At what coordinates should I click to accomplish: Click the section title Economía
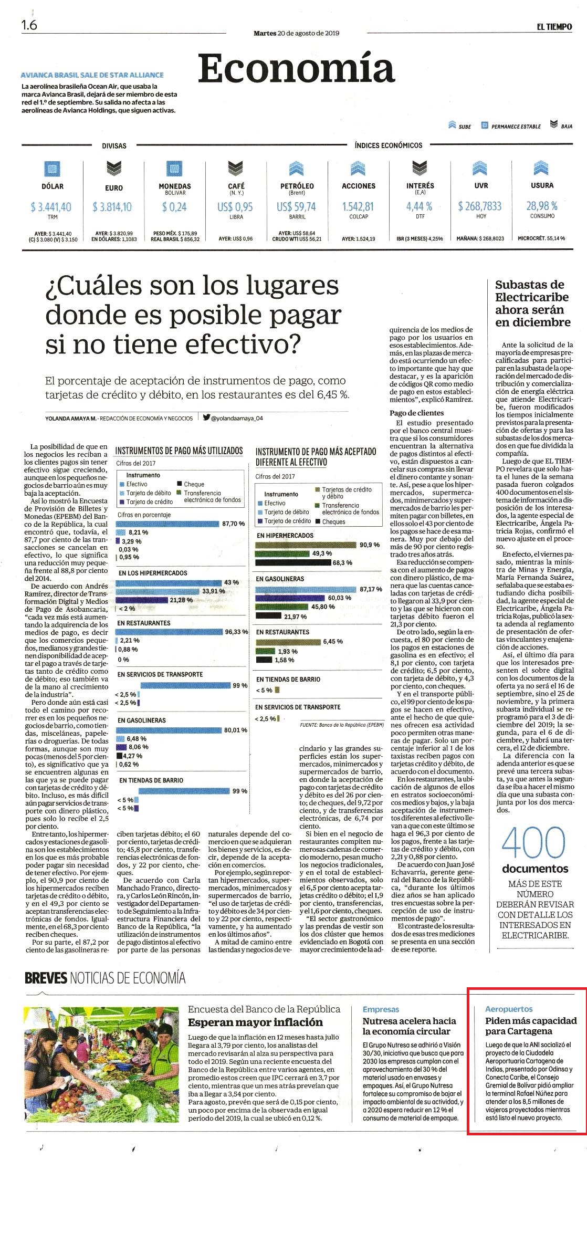296,69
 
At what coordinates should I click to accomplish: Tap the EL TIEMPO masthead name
554,27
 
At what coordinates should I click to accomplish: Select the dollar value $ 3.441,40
51,207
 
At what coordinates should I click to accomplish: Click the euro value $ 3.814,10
112,207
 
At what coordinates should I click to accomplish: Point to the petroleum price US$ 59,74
297,206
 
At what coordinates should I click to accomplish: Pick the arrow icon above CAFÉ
236,169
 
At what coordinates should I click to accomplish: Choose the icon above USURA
541,168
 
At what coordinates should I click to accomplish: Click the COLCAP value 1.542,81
358,206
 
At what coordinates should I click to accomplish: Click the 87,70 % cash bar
167,524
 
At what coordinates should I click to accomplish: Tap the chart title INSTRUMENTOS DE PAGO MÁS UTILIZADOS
179,451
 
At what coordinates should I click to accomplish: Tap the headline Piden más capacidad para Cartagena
531,1026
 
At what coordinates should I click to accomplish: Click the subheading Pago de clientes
417,413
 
